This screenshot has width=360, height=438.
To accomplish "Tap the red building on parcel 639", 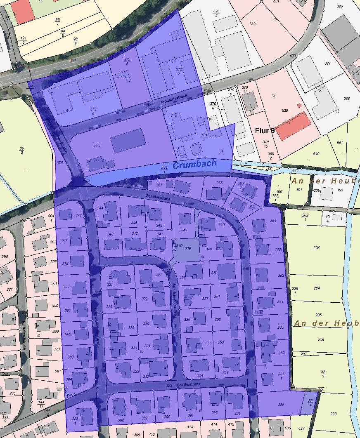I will [293, 125].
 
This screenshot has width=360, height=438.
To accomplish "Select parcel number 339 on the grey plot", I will [187, 248].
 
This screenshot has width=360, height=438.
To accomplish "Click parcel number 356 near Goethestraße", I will [281, 405].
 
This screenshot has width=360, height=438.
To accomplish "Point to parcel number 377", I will [78, 215].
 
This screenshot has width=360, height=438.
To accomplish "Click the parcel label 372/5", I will [127, 61].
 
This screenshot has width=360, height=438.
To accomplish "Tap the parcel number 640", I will [328, 153].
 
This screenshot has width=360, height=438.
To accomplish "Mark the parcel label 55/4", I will [310, 402].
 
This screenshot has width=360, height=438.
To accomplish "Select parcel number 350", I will [214, 273].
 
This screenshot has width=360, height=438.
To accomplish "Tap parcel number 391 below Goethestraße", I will [190, 415].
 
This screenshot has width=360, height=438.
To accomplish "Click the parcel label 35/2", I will [21, 150].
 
